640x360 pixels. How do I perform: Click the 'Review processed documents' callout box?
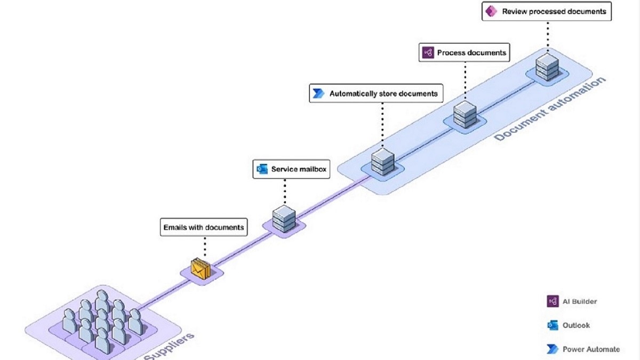coord(547,11)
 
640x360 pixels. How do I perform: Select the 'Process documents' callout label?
coord(465,53)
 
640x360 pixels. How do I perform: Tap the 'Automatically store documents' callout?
coord(376,93)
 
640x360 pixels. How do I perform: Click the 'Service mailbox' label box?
coord(291,169)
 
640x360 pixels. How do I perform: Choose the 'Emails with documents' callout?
coord(204,227)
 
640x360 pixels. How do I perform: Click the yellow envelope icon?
coord(201,269)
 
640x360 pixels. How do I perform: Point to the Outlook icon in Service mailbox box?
coord(262,169)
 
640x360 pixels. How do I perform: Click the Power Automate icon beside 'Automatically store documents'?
coord(318,93)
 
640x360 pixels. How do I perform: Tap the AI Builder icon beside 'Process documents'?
coord(428,53)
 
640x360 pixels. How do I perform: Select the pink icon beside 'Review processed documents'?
coord(491,11)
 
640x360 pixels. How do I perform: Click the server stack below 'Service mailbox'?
coord(284,219)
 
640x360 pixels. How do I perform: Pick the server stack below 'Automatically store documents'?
coord(383,162)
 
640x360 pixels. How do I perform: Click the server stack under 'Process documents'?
coord(465,114)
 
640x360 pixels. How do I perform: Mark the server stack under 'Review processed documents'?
coord(547,67)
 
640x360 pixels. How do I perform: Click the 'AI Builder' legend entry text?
coord(580,301)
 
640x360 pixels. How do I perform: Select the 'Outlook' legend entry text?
coord(576,325)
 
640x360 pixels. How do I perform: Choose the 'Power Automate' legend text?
coord(591,349)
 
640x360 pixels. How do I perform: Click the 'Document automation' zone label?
coord(550,109)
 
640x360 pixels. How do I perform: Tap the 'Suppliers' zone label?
coord(169,346)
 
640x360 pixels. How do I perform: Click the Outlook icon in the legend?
coord(553,325)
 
